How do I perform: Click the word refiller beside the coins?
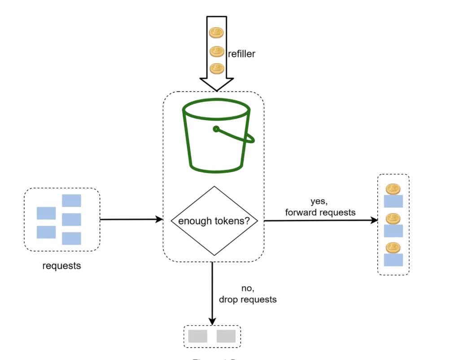pyautogui.click(x=242, y=54)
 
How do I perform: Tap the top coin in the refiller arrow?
pyautogui.click(x=217, y=33)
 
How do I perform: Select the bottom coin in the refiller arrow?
pyautogui.click(x=217, y=69)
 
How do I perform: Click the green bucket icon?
pyautogui.click(x=216, y=137)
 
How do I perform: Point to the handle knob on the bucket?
pyautogui.click(x=216, y=130)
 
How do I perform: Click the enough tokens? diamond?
pyautogui.click(x=214, y=221)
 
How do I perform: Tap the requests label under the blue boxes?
pyautogui.click(x=62, y=265)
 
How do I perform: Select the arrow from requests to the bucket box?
pyautogui.click(x=131, y=219)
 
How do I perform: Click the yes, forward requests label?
pyautogui.click(x=320, y=207)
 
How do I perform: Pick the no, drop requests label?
pyautogui.click(x=248, y=294)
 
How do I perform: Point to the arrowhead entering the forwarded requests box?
pyautogui.click(x=375, y=220)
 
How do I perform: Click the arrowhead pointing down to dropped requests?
pyautogui.click(x=212, y=320)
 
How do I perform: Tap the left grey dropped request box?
pyautogui.click(x=198, y=336)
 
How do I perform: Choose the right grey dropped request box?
pyautogui.click(x=226, y=336)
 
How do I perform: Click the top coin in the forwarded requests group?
pyautogui.click(x=393, y=189)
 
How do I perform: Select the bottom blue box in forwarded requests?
pyautogui.click(x=393, y=260)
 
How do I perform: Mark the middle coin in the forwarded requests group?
pyautogui.click(x=393, y=218)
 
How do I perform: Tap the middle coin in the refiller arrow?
pyautogui.click(x=217, y=51)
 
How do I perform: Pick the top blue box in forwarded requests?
pyautogui.click(x=393, y=201)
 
